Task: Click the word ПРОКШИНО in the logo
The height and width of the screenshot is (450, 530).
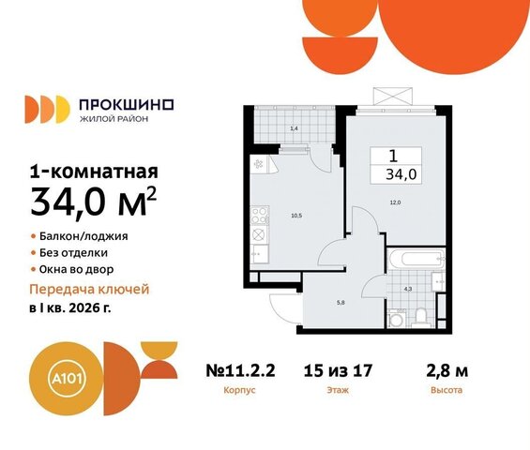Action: pyautogui.click(x=127, y=105)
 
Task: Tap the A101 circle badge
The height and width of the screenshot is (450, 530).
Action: pyautogui.click(x=66, y=378)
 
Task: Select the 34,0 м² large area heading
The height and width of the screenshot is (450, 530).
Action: pyautogui.click(x=94, y=202)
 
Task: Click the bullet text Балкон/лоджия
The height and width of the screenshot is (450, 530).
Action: pyautogui.click(x=83, y=236)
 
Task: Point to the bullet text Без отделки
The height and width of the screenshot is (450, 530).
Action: pyautogui.click(x=74, y=253)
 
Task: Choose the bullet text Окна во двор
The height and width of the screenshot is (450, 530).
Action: pyautogui.click(x=76, y=270)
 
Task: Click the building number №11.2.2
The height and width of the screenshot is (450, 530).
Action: pyautogui.click(x=240, y=370)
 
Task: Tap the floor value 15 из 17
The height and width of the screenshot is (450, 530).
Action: pyautogui.click(x=338, y=370)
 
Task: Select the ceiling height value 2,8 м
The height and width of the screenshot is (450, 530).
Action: pyautogui.click(x=447, y=371)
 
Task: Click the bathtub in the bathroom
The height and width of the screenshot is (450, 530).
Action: pyautogui.click(x=416, y=259)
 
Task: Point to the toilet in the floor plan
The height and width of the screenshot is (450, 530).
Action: pyautogui.click(x=421, y=318)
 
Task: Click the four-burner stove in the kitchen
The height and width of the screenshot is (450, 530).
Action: pyautogui.click(x=260, y=216)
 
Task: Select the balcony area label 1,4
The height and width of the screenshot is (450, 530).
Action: pyautogui.click(x=294, y=128)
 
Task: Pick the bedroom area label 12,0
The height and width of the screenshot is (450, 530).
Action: pyautogui.click(x=395, y=202)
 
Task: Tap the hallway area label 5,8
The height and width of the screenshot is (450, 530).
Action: pyautogui.click(x=341, y=303)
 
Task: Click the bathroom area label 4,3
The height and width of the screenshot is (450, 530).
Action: pyautogui.click(x=408, y=289)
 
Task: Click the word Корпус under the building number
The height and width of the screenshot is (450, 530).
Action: pyautogui.click(x=239, y=390)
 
